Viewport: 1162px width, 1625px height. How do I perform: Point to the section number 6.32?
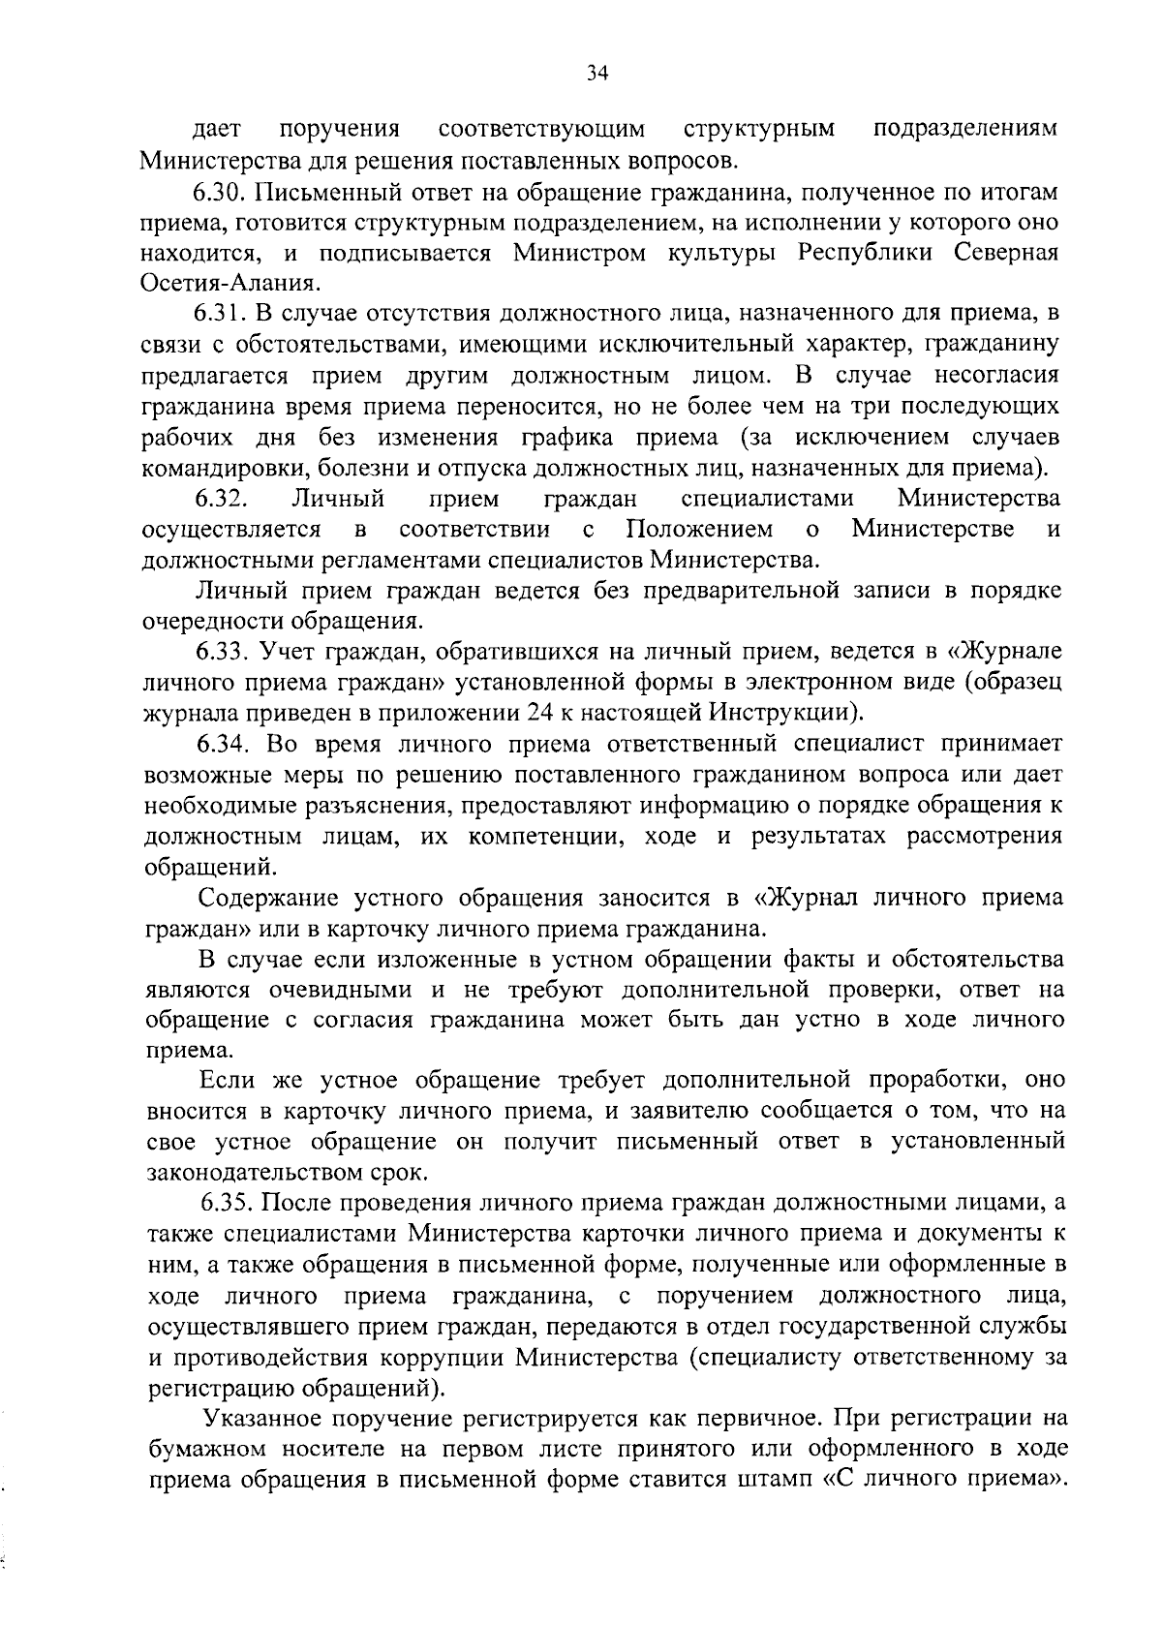point(223,499)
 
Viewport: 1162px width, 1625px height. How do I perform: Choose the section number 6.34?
point(229,744)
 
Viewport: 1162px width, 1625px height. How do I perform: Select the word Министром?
point(573,252)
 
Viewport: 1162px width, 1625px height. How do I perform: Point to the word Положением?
point(699,530)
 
